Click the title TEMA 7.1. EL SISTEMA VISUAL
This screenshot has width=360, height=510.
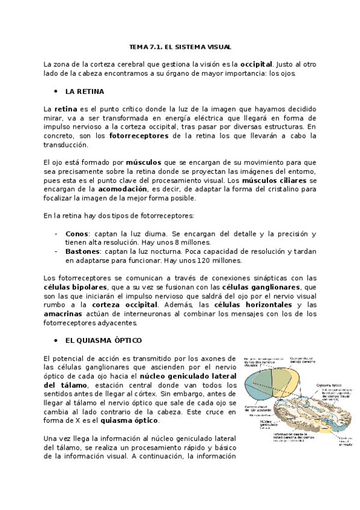coord(180,46)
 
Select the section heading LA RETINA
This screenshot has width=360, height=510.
coord(85,91)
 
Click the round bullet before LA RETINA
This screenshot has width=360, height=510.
coord(56,91)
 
